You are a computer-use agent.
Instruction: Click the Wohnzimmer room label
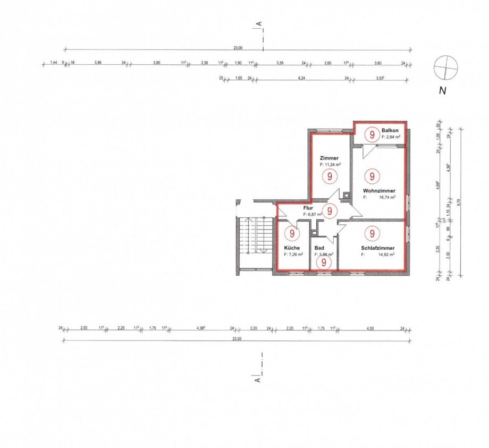click(380, 190)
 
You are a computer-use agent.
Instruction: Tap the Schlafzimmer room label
click(378, 248)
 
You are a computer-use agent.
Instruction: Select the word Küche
click(292, 248)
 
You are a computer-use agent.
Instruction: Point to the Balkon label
click(390, 130)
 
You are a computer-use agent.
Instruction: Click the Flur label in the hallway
click(309, 208)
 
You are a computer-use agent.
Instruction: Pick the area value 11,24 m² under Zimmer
click(330, 165)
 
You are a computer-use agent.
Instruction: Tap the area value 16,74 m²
click(385, 197)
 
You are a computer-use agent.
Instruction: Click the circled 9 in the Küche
click(291, 233)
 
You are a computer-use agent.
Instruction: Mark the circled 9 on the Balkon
click(371, 135)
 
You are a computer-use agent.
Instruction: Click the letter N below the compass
click(442, 90)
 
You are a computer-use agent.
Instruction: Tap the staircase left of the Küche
click(254, 236)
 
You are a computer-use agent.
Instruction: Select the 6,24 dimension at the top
click(302, 78)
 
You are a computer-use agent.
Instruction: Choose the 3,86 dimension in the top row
click(98, 63)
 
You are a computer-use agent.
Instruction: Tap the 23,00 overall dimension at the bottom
click(237, 339)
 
